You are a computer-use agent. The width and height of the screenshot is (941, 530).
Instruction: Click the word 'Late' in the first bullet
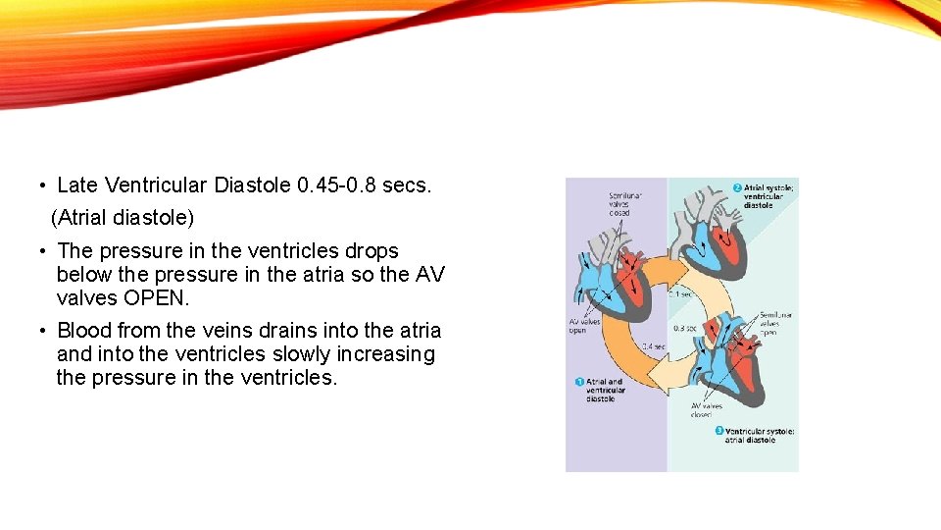[x=78, y=185]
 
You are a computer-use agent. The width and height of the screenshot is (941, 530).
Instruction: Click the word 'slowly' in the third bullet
[x=319, y=354]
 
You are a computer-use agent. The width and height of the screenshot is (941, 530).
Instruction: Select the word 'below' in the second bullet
[x=85, y=275]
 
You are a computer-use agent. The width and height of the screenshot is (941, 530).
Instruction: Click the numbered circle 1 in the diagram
[x=579, y=382]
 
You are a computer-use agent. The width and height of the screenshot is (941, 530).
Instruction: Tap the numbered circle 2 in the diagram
[x=737, y=187]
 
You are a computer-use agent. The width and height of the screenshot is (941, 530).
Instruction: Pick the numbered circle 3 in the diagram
[x=718, y=431]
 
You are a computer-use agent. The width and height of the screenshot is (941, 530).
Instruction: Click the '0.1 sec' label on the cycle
[x=683, y=292]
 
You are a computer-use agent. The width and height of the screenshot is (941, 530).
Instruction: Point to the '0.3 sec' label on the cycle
[x=685, y=328]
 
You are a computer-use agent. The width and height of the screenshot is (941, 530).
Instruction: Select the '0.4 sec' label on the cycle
[x=653, y=346]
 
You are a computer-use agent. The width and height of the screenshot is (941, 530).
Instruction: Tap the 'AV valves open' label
[x=585, y=326]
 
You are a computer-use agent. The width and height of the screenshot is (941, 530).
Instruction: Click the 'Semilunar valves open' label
[x=776, y=323]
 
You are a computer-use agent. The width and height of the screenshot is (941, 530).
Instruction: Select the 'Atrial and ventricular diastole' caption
[x=604, y=391]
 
